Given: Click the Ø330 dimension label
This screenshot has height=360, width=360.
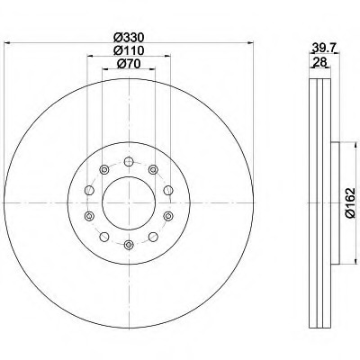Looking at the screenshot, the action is point(129,38).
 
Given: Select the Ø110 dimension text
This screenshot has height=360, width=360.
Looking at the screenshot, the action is point(129,50).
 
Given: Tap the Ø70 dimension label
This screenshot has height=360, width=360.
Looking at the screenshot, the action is point(129,63).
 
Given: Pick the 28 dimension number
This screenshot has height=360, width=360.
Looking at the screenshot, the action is point(319,62).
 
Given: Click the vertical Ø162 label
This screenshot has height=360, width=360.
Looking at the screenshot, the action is point(350,203).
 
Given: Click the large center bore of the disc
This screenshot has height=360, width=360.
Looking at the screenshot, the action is point(129,202).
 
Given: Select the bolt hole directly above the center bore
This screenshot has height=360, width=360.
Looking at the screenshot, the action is point(129,162).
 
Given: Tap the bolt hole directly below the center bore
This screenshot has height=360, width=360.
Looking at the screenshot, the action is point(129,245).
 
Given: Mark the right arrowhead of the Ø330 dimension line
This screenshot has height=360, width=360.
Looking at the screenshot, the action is point(250,43).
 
